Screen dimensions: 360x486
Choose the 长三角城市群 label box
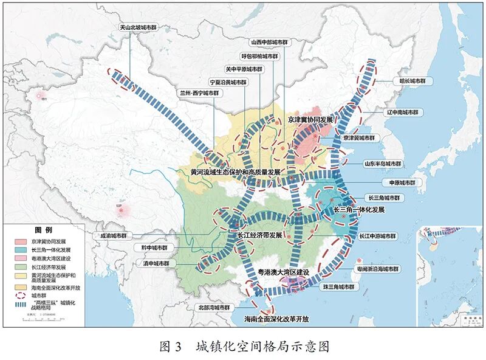pyautogui.click(x=386, y=198)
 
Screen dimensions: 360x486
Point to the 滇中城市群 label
pyautogui.click(x=156, y=264)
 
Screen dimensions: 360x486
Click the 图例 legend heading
pyautogui.click(x=44, y=230)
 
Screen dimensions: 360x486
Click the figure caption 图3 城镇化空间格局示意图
pyautogui.click(x=243, y=346)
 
